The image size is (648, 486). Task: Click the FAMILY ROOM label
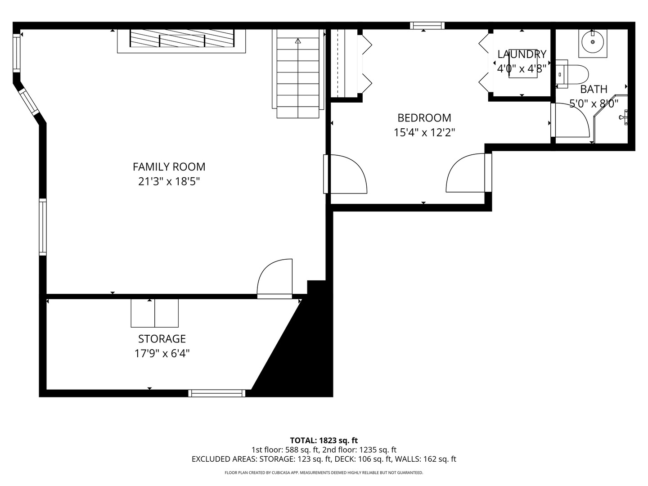pyautogui.click(x=169, y=167)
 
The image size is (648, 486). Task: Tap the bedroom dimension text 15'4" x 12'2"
pyautogui.click(x=424, y=132)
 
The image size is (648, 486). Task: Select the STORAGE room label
pyautogui.click(x=162, y=339)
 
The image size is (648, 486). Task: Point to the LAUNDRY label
pyautogui.click(x=522, y=54)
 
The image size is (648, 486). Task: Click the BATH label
pyautogui.click(x=594, y=89)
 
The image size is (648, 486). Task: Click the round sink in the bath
pyautogui.click(x=593, y=42)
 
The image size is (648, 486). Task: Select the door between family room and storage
pyautogui.click(x=274, y=279)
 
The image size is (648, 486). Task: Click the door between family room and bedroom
pyautogui.click(x=346, y=174)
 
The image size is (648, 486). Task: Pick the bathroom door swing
pyautogui.click(x=570, y=120)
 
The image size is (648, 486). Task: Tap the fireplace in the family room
pyautogui.click(x=181, y=40)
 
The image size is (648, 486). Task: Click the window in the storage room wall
pyautogui.click(x=217, y=393)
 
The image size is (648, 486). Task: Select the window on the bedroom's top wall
pyautogui.click(x=427, y=26)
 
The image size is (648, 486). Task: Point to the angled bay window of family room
pyautogui.click(x=29, y=102)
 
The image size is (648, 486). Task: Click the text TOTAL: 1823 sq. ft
pyautogui.click(x=324, y=441)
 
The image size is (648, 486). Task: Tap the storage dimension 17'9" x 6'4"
pyautogui.click(x=162, y=354)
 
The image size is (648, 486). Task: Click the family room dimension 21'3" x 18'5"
pyautogui.click(x=169, y=181)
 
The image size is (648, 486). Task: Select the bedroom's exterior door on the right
pyautogui.click(x=469, y=173)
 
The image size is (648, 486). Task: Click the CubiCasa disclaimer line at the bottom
pyautogui.click(x=324, y=472)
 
